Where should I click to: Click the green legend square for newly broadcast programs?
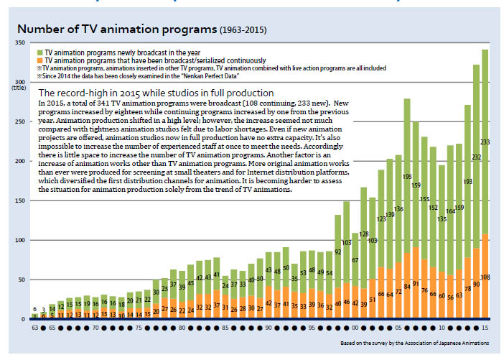tap(39, 53)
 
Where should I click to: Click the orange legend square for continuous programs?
tap(39, 60)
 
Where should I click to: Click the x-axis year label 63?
tap(34, 326)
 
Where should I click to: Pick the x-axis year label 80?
tap(182, 326)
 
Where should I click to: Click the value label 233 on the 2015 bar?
tap(485, 142)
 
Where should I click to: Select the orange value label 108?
tap(485, 277)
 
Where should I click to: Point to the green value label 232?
tap(476, 157)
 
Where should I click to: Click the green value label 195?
tap(407, 177)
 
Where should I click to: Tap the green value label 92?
tap(338, 252)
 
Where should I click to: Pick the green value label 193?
tap(467, 183)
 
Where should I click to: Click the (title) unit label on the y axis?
tap(17, 86)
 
